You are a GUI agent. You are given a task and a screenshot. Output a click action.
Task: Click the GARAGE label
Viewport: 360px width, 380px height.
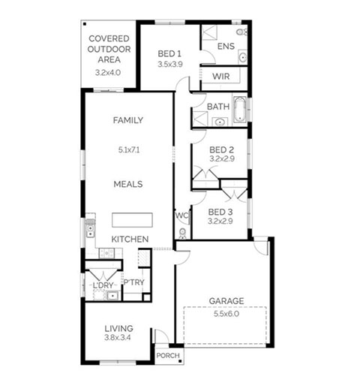tap(226, 300)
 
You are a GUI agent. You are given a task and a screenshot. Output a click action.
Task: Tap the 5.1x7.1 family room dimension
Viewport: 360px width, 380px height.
tap(129, 150)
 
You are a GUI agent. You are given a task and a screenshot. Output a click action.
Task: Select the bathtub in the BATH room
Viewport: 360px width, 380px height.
tap(240, 110)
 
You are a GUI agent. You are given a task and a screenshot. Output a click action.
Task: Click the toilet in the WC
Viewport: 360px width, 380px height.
tap(183, 234)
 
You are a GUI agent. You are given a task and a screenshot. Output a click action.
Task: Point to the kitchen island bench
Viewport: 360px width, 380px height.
tap(132, 220)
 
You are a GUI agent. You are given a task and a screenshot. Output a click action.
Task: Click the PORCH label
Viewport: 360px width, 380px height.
tap(168, 355)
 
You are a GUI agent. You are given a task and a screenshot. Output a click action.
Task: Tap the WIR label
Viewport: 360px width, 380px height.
tap(221, 77)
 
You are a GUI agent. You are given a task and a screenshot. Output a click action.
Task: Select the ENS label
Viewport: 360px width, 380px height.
tap(226, 46)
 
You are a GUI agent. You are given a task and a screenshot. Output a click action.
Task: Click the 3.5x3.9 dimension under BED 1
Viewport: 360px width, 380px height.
tap(170, 65)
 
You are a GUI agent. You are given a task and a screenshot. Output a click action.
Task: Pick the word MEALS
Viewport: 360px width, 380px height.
tap(128, 184)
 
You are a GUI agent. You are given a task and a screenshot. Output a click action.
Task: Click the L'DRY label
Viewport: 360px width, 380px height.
tap(103, 285)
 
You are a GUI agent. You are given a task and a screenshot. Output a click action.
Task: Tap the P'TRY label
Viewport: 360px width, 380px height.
tap(134, 282)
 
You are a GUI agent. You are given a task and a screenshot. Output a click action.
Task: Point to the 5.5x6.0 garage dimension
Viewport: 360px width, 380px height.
tap(226, 314)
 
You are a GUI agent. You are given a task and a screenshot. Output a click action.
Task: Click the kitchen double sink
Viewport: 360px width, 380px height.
tap(90, 231)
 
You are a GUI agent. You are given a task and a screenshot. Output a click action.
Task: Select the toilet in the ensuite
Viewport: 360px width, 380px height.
tap(241, 32)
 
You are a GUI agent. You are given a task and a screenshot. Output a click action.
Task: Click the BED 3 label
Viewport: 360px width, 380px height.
tap(220, 213)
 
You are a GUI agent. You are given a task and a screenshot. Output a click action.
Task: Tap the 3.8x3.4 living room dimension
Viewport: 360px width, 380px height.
tap(118, 337)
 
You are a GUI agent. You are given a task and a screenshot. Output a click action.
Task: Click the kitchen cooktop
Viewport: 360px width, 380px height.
tap(106, 253)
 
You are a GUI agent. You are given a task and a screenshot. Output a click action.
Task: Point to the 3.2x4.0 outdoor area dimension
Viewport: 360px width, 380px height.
tap(108, 73)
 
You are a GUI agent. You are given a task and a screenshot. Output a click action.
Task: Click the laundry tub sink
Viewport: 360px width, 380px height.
tap(112, 296)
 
